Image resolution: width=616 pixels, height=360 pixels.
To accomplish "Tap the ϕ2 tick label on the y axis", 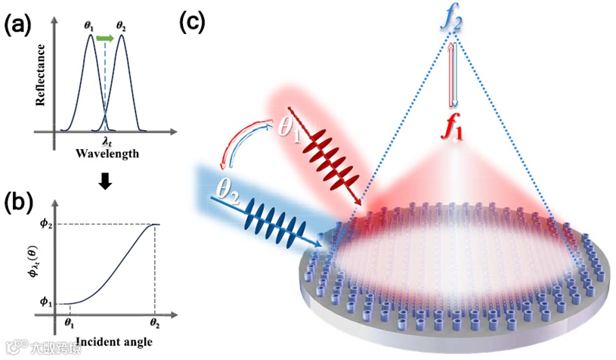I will (x=44, y=224).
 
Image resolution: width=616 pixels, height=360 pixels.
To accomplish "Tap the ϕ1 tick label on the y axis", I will (x=43, y=303).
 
